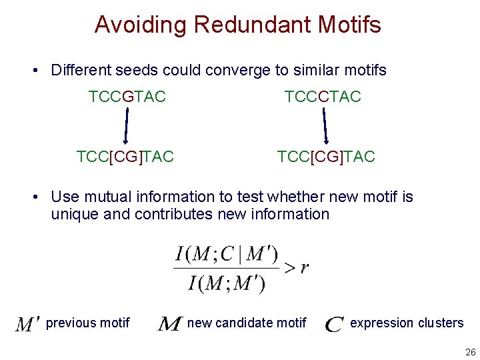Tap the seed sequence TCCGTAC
[x=127, y=97]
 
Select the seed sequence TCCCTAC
[x=323, y=97]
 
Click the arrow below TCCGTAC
[x=126, y=127]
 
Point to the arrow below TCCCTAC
[x=325, y=127]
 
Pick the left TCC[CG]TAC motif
[x=125, y=157]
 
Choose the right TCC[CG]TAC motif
[x=326, y=157]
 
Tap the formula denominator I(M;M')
[x=227, y=283]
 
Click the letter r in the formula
[x=305, y=268]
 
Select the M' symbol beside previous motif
[x=28, y=324]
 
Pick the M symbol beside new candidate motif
[x=170, y=324]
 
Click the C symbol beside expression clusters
[x=335, y=324]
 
